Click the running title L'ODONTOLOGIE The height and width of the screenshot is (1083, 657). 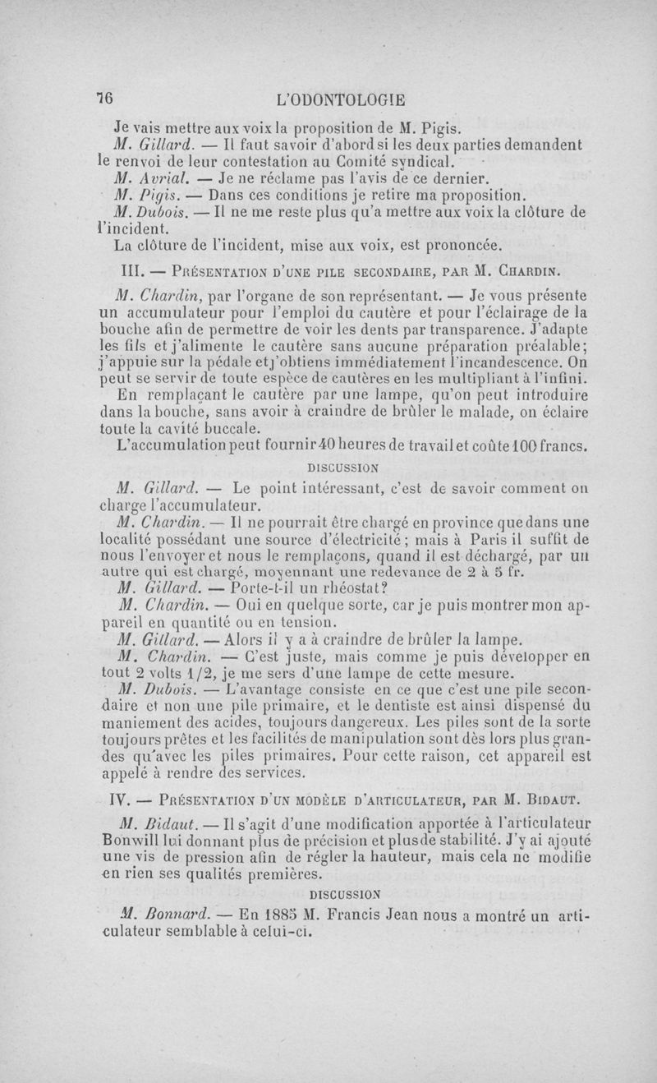(341, 100)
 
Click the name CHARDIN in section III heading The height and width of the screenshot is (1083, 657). (541, 270)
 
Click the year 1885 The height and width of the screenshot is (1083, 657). (271, 914)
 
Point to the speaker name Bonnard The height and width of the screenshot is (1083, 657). (171, 914)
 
